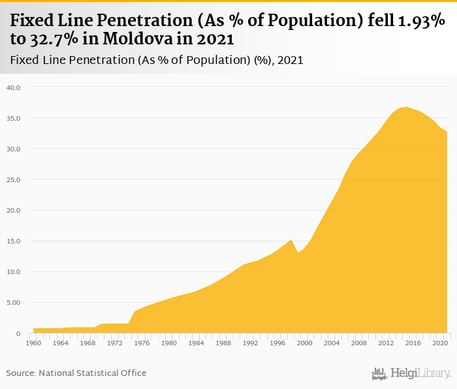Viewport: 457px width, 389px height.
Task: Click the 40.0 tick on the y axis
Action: coord(13,87)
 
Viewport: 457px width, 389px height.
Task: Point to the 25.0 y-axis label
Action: coord(13,179)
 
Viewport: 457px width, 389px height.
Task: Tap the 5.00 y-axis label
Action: coord(13,303)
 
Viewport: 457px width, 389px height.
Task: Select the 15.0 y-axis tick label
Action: coord(13,241)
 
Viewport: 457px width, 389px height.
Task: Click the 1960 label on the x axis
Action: coord(34,343)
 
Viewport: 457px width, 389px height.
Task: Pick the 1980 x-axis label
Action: coord(169,343)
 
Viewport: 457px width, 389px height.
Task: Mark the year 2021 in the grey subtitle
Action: coord(289,60)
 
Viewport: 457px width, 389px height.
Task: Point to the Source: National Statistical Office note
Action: coord(76,373)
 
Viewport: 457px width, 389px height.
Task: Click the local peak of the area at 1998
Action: coord(291,240)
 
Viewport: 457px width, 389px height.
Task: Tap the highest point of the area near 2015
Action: coord(406,107)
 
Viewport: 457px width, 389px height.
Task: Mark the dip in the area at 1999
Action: coord(298,253)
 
